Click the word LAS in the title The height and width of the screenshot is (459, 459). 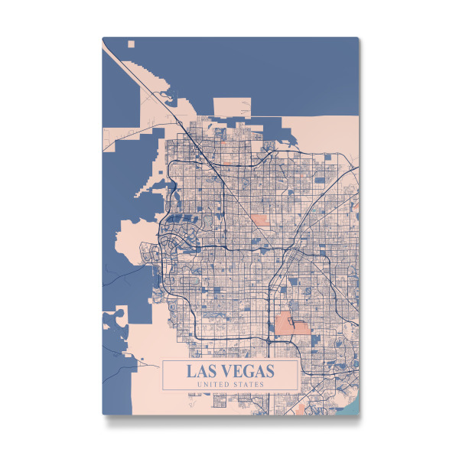[203, 371]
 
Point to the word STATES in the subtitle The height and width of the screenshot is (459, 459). [250, 384]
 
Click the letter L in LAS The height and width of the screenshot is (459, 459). [192, 371]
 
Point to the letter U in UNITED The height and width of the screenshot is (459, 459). [200, 384]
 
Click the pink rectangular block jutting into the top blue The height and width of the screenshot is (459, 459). [230, 108]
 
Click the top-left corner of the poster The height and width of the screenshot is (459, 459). [103, 37]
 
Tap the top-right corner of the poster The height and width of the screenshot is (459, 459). [359, 37]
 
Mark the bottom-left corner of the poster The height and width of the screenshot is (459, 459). [103, 414]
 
